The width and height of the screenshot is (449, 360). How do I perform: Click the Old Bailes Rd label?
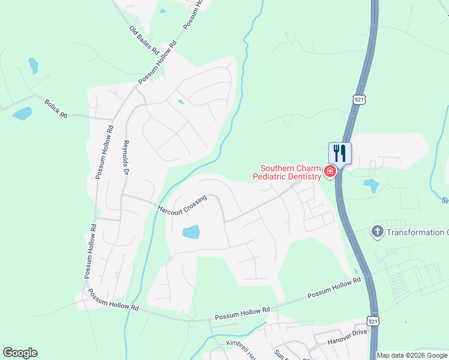coord(143,38)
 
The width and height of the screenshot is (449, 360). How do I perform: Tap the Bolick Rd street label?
coord(56,109)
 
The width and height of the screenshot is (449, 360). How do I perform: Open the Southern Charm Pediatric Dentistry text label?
coord(286,172)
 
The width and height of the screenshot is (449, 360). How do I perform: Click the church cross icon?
coord(377,232)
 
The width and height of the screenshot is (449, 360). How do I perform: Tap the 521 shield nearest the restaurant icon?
coord(359,100)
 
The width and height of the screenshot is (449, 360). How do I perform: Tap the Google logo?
coord(20,353)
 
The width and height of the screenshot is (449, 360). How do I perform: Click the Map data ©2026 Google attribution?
coord(412,355)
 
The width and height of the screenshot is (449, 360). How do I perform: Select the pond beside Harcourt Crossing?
coord(190,232)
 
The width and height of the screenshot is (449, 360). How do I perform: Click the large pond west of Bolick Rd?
coord(22,113)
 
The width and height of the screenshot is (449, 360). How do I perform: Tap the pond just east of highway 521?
coord(371,185)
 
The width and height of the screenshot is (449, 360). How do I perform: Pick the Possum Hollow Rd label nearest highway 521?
coord(334,289)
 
